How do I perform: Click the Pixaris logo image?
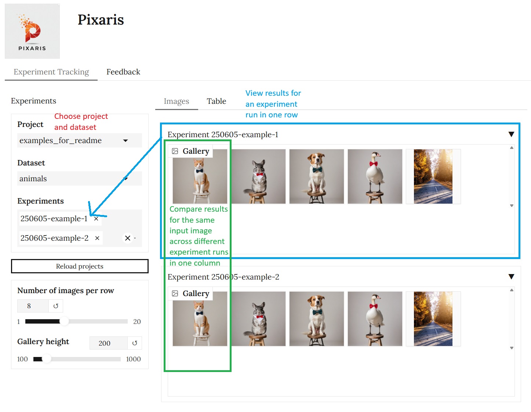(x=32, y=31)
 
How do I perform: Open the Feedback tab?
(x=123, y=72)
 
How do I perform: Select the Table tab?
(x=216, y=101)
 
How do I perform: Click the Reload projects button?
(x=80, y=266)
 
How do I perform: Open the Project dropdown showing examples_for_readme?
(x=79, y=141)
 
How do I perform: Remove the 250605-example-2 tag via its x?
(x=97, y=238)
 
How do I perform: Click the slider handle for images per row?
(x=64, y=321)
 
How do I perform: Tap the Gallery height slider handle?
(x=47, y=359)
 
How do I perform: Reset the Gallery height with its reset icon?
(x=135, y=343)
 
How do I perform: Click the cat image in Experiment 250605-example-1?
(x=200, y=176)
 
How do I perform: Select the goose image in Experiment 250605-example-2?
(x=375, y=319)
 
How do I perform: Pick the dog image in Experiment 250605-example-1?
(x=316, y=176)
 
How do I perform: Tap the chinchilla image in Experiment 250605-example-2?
(x=258, y=319)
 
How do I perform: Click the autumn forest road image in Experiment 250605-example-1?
(x=433, y=176)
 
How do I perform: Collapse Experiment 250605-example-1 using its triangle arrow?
(x=511, y=134)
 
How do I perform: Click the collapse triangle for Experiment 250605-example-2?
(x=511, y=277)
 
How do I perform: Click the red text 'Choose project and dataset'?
(x=81, y=122)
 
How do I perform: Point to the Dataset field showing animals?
(x=79, y=179)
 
